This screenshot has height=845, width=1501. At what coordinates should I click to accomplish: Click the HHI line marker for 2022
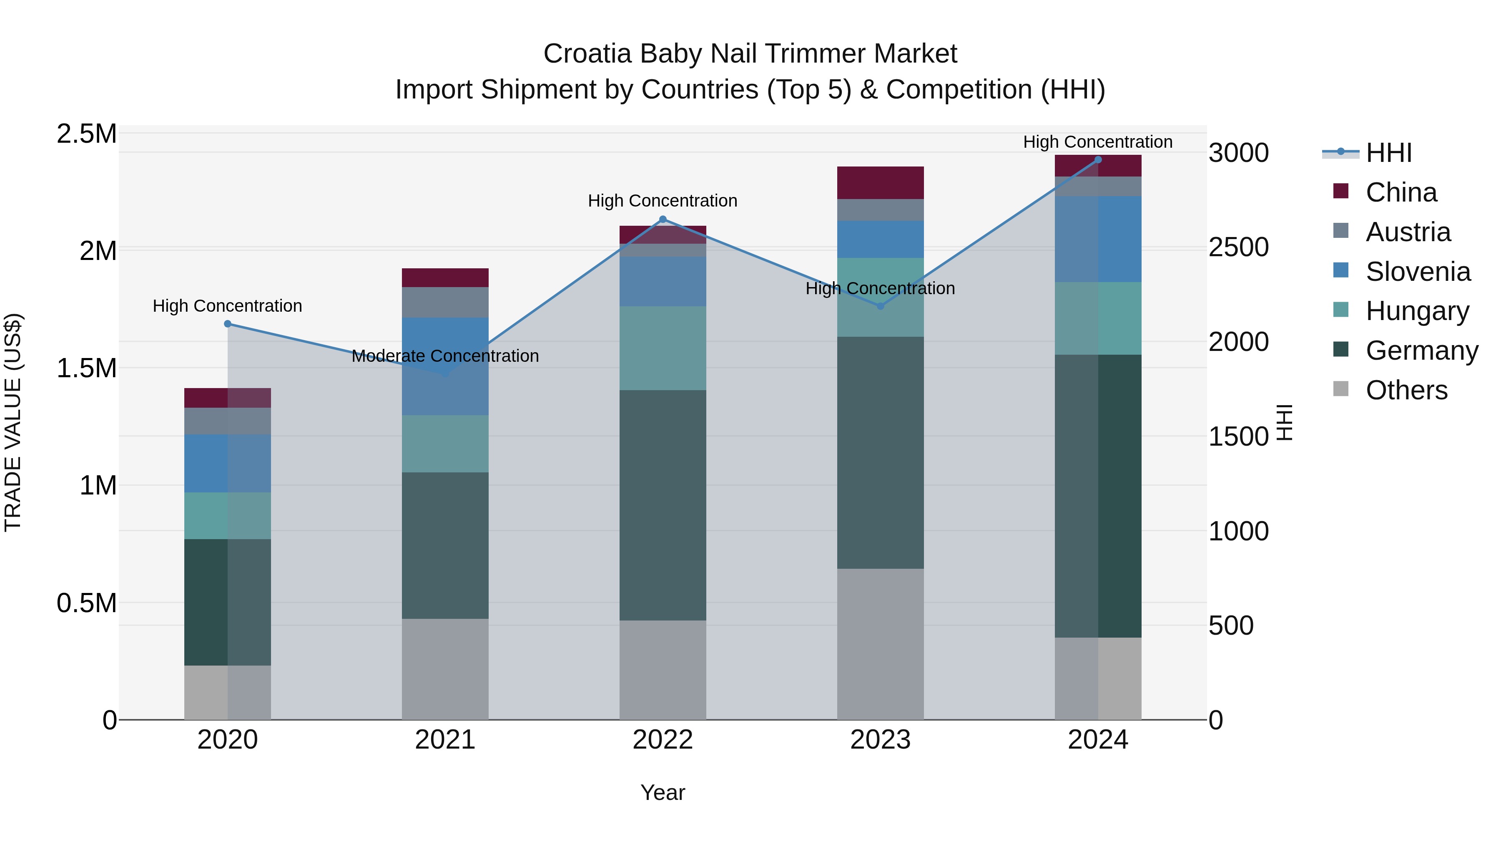(663, 219)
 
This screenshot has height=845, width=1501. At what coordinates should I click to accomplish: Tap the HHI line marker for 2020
(228, 324)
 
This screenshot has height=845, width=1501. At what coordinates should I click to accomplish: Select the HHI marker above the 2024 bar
(1098, 159)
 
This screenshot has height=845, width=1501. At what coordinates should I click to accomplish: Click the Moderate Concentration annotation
(445, 356)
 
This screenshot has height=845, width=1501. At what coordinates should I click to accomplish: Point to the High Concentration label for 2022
(663, 201)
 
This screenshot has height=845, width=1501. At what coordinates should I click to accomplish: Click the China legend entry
(1401, 192)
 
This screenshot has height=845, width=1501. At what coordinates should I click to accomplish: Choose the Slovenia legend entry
(1418, 272)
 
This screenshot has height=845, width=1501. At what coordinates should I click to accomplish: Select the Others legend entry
(1406, 390)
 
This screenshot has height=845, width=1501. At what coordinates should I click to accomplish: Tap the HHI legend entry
(1388, 153)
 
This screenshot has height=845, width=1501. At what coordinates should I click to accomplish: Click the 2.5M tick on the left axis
(86, 134)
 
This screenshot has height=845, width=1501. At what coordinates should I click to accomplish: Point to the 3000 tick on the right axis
(1238, 153)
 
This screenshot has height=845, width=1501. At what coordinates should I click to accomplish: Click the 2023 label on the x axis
(880, 740)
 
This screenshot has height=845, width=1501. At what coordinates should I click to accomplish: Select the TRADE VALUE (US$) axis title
(13, 422)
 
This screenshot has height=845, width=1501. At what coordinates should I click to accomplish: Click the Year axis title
(663, 792)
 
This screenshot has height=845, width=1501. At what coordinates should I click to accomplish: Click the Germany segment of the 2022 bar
(663, 504)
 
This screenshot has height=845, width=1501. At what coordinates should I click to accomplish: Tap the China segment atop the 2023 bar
(880, 182)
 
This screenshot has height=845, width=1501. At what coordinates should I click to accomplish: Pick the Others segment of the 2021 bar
(445, 669)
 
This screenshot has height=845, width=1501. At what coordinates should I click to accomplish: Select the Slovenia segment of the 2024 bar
(1098, 239)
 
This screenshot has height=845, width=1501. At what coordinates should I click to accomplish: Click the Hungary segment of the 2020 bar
(228, 515)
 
